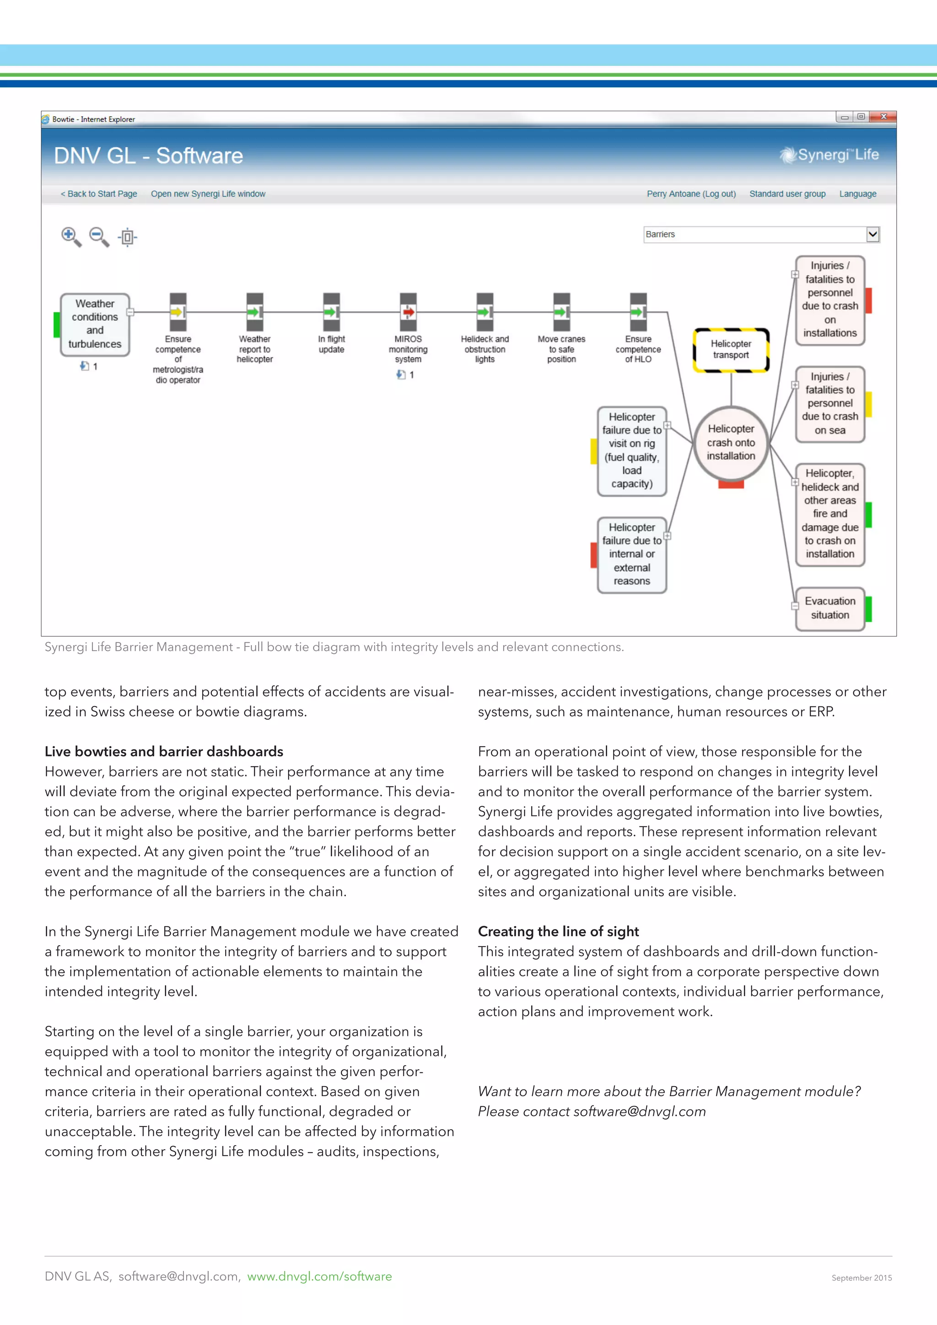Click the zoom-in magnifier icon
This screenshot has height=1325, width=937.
pos(70,236)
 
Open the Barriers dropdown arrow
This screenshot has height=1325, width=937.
pos(872,234)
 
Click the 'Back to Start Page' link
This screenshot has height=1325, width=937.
pos(99,194)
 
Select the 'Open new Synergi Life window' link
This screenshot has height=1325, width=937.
pos(208,194)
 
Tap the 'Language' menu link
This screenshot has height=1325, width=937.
pos(857,194)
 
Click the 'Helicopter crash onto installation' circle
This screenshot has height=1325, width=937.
pos(731,442)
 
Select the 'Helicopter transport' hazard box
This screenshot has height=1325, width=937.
pos(731,350)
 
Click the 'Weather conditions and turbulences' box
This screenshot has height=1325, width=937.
pos(95,324)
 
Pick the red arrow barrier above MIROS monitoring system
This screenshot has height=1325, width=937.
pos(408,312)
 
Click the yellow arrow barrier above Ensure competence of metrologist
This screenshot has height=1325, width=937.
pos(178,312)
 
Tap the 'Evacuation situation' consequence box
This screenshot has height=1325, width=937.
pos(829,608)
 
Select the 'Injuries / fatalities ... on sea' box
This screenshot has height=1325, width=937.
pos(829,404)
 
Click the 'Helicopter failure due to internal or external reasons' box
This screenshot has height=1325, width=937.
pos(632,554)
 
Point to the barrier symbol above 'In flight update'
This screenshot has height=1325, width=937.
pos(331,312)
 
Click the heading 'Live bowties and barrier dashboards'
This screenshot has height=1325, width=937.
pos(164,751)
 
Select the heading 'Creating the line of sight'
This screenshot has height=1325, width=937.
pos(558,932)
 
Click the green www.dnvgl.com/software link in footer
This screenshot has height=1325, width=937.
pos(320,1277)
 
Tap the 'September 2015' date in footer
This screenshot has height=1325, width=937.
pos(862,1278)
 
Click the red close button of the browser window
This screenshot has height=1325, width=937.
pos(883,117)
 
